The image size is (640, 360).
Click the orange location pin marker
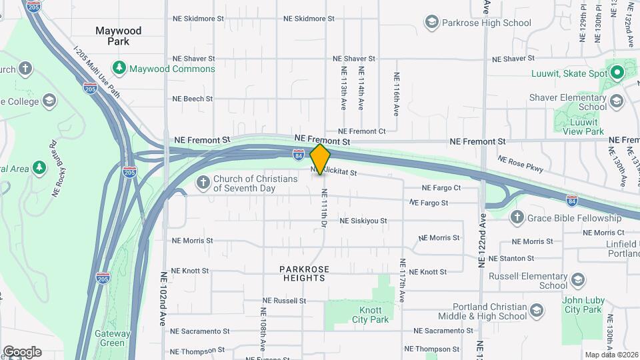coord(321,159)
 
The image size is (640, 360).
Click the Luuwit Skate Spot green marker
coord(617,73)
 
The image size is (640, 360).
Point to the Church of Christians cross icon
coord(203,182)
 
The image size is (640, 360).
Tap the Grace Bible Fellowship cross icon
coord(517,218)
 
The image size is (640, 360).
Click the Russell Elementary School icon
coord(577,280)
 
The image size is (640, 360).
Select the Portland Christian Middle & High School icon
coord(536,311)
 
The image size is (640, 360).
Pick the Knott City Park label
coord(366,315)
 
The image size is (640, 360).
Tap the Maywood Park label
coord(119,36)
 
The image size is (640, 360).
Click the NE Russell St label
coord(285,301)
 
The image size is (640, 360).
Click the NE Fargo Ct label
coord(441,188)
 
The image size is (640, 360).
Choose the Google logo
coord(22,352)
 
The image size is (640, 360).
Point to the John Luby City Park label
coord(583,304)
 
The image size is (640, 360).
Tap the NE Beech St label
coord(192,99)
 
